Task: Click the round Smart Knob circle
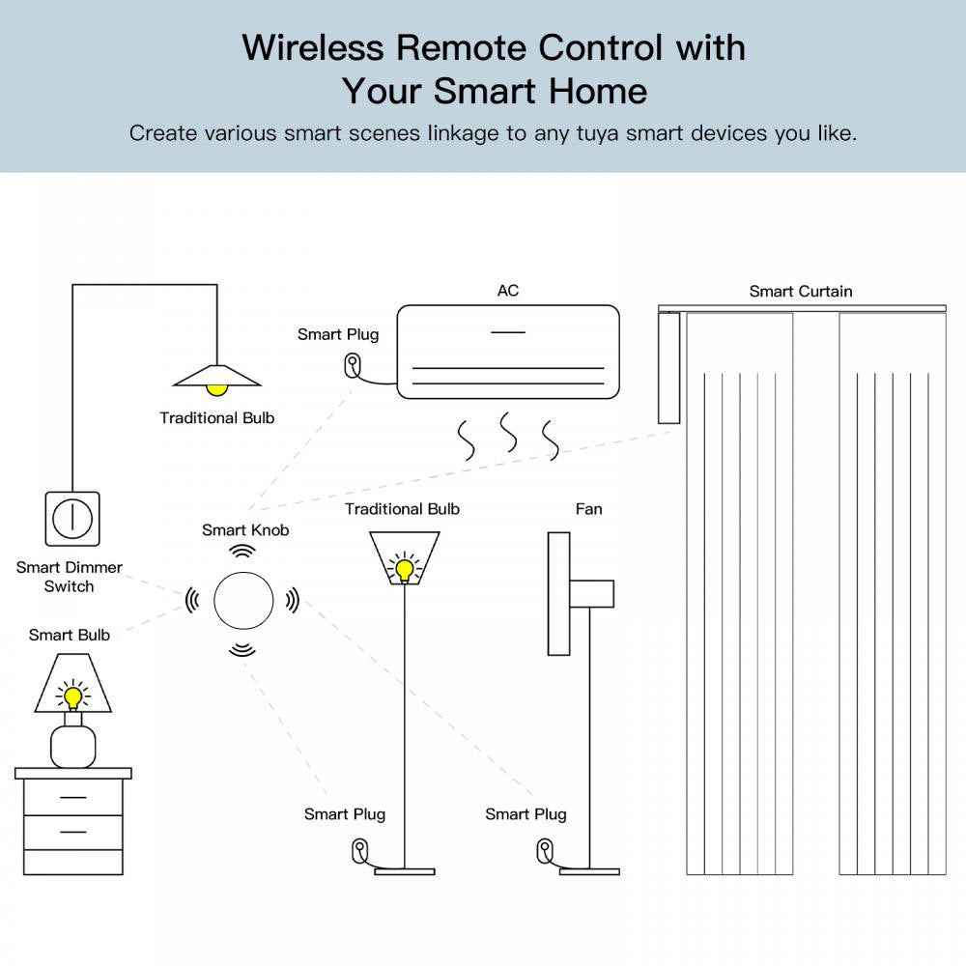241,600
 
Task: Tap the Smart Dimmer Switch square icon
71,519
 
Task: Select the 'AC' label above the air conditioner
507,291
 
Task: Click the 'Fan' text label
588,509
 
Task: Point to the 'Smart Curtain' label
801,291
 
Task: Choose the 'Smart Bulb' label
70,635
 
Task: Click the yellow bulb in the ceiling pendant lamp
216,388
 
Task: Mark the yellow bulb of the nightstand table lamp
71,695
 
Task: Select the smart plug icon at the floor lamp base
359,851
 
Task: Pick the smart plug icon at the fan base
543,851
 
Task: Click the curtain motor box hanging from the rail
668,369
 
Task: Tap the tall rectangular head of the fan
558,593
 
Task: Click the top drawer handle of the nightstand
72,798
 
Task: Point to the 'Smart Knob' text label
245,529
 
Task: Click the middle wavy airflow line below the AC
507,433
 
